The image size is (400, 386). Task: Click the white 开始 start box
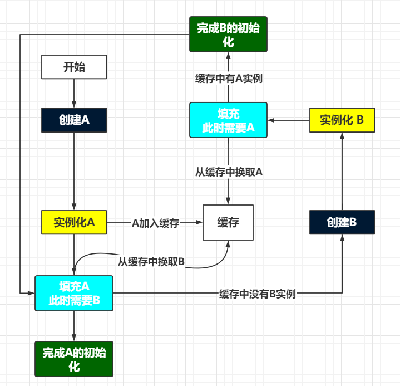tap(74, 67)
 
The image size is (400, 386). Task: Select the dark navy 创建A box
tap(74, 120)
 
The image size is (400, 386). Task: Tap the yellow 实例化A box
tap(74, 222)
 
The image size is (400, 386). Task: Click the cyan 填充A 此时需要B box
tap(74, 294)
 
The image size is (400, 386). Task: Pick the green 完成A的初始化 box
tap(74, 359)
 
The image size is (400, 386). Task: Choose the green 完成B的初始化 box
tap(228, 34)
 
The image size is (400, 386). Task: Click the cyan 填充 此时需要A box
tap(228, 120)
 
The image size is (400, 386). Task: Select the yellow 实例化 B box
tap(342, 120)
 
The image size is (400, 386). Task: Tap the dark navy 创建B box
tap(342, 222)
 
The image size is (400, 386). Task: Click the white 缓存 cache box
tap(228, 222)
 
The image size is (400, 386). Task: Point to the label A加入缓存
tap(156, 223)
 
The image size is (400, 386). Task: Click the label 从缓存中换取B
tap(151, 262)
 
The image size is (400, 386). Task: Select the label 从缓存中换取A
tap(229, 172)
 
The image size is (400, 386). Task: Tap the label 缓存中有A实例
tap(229, 78)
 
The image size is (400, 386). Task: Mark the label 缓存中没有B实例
tap(258, 294)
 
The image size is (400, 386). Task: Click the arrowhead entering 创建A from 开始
tap(74, 104)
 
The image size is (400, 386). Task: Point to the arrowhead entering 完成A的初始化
tap(74, 338)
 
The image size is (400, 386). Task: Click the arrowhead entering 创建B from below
tap(342, 238)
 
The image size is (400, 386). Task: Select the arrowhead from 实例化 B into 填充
tap(271, 120)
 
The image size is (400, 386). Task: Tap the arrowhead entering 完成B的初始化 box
tap(228, 56)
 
